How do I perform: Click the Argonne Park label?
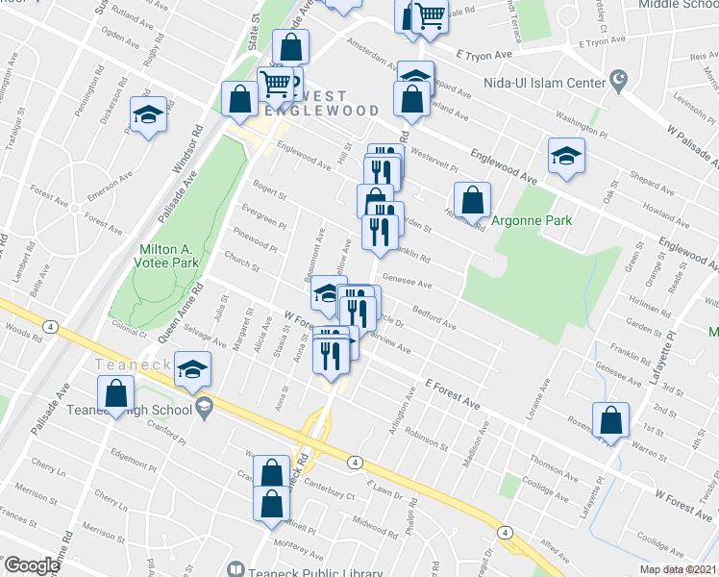click(532, 221)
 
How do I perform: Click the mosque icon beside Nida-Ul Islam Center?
click(619, 77)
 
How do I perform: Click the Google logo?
click(31, 565)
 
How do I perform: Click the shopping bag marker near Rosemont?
click(610, 419)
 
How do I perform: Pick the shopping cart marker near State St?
click(277, 84)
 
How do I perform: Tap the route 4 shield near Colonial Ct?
click(48, 327)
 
